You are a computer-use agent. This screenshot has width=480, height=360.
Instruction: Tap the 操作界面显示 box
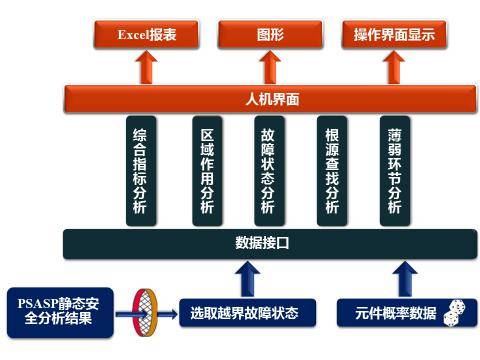394,36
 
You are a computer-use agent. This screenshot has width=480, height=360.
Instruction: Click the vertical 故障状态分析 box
268,170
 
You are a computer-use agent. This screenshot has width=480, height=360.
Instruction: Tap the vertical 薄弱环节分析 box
395,170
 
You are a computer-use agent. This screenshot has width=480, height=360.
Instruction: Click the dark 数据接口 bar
268,242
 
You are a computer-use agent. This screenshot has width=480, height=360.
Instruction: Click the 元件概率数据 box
395,313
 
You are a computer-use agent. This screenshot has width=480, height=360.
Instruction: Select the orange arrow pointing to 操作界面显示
394,68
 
